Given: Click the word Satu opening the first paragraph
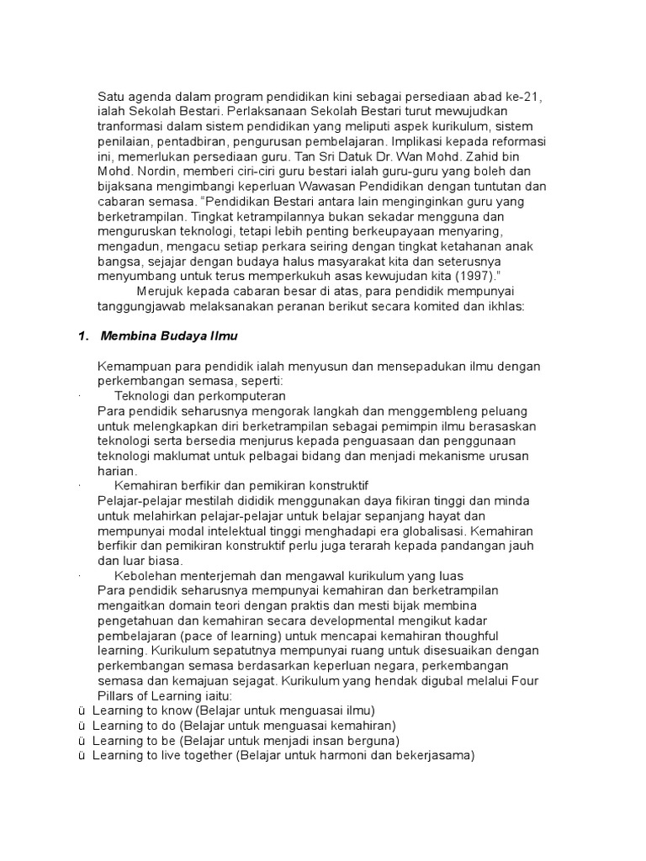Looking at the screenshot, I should (112, 97).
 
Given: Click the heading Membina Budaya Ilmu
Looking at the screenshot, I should (169, 336).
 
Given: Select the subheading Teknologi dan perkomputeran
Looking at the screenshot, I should (200, 396).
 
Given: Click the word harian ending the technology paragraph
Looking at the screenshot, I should (118, 471).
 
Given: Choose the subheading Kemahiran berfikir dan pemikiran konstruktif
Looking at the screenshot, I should (241, 486).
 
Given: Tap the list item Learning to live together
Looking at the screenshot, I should (161, 755).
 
